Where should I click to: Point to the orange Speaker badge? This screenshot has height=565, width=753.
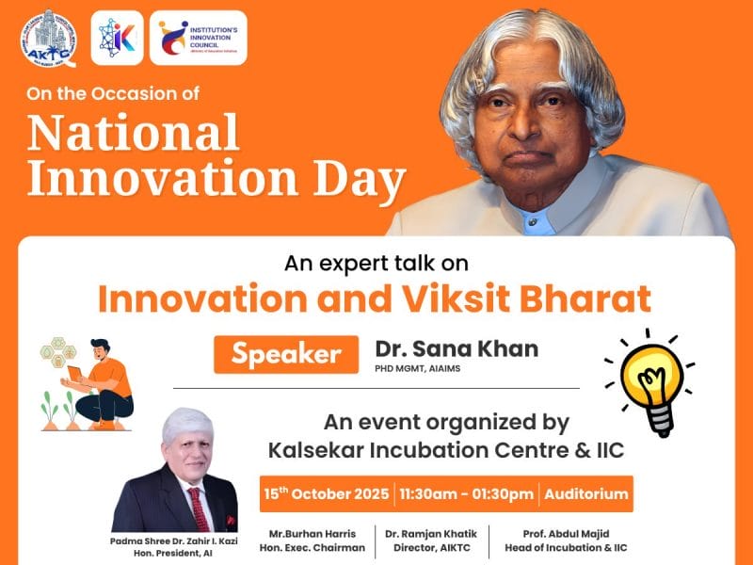click(285, 354)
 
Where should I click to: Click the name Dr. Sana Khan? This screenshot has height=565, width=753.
click(457, 348)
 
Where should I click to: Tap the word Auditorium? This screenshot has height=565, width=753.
click(585, 494)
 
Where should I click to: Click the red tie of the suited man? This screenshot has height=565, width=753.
click(199, 508)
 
